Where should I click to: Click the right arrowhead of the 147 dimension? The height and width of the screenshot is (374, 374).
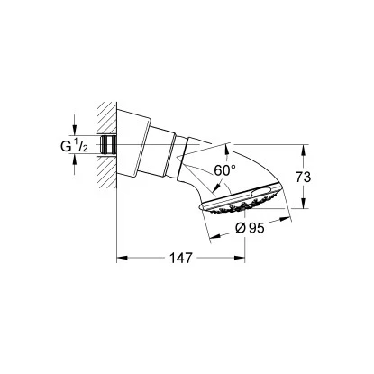pyautogui.click(x=291, y=256)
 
